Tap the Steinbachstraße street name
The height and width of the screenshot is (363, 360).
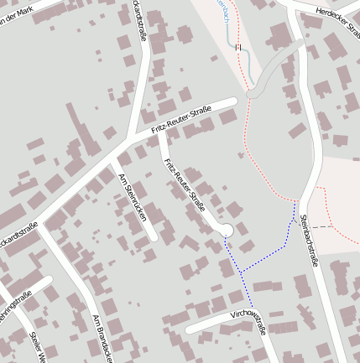pos(310,242)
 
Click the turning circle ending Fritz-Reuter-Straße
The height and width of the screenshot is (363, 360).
pos(225,231)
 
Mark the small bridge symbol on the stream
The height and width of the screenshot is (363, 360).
pos(238,48)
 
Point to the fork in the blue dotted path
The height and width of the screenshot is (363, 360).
pos(241,272)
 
